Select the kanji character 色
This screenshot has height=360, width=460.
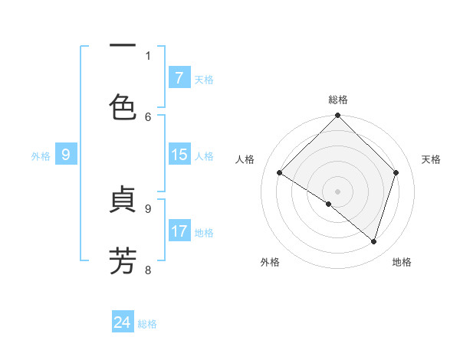coord(123,107)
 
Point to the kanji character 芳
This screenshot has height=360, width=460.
coord(123,260)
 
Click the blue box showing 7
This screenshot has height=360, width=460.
coord(179,78)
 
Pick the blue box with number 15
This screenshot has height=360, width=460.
coord(179,155)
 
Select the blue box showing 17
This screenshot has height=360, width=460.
coord(179,231)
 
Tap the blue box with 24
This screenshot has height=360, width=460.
coord(123,322)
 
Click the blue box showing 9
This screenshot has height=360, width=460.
coord(66,155)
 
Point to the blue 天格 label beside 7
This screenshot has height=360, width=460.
coord(204,79)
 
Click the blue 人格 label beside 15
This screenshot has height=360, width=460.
coord(204,155)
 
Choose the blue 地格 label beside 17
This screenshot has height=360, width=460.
coord(204,232)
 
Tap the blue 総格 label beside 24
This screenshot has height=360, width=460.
coord(147,323)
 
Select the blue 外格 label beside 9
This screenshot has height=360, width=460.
coord(41,155)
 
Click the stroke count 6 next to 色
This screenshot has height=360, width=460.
coord(148,116)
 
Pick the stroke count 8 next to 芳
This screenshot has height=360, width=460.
coord(148,270)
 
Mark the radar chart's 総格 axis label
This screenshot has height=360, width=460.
coord(337,100)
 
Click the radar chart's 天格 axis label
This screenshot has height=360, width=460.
coord(432,159)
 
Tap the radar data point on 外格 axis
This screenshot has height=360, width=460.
coord(329,204)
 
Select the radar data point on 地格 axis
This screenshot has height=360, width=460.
coord(373,241)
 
